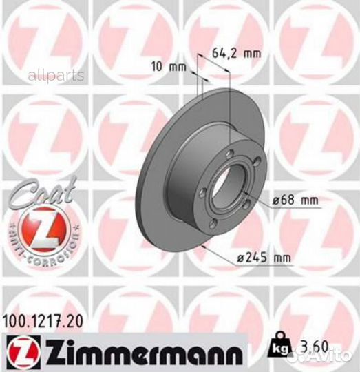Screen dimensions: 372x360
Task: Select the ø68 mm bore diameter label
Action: (295, 200)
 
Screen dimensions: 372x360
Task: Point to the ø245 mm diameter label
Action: (265, 258)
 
